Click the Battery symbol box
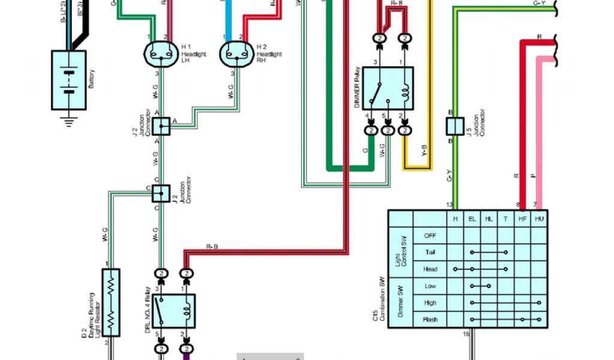pos(69,80)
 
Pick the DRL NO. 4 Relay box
pos(173,310)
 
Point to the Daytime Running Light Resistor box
pos(111,302)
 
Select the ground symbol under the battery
pos(69,121)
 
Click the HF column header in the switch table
pos(522,219)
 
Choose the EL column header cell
pos(472,219)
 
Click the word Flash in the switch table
pos(430,320)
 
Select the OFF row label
pos(430,236)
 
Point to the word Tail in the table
pos(430,253)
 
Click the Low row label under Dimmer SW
pos(430,286)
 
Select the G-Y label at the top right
pos(538,3)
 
